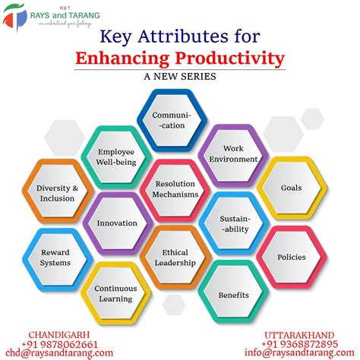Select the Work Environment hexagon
[233, 154]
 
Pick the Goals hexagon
[290, 188]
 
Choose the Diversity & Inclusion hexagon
[55, 193]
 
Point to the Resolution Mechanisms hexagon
[175, 189]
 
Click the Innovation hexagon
[117, 223]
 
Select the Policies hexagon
[291, 257]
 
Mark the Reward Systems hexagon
[55, 257]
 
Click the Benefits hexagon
[233, 293]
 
